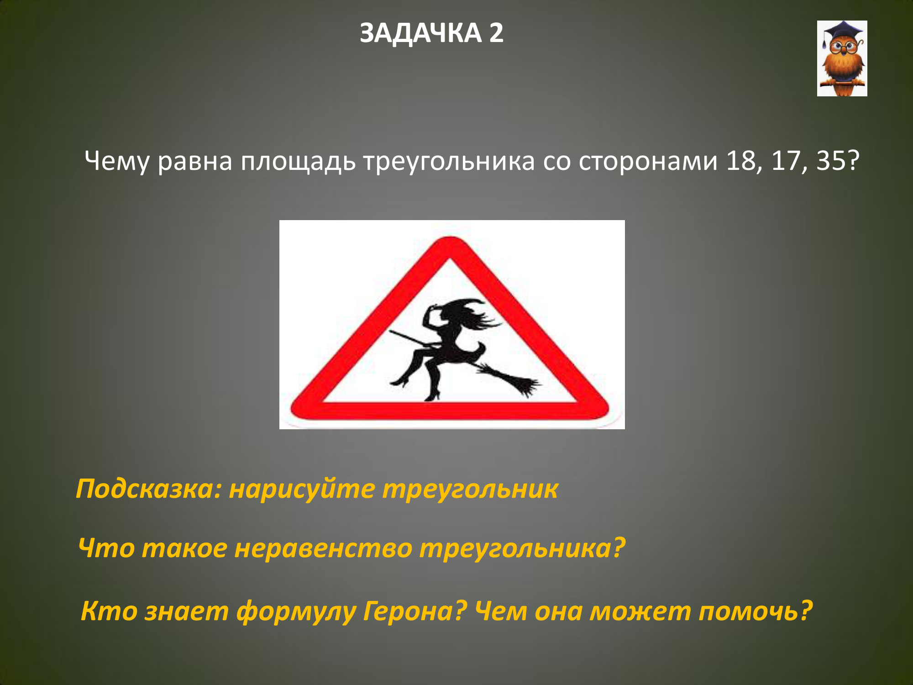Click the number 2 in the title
(496, 33)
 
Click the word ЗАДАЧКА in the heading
(420, 34)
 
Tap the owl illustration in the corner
(842, 58)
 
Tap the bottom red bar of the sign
(450, 411)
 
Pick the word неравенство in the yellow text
(323, 548)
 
